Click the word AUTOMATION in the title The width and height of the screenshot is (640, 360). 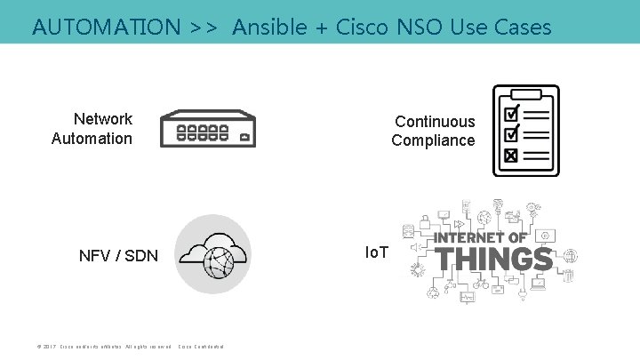click(106, 27)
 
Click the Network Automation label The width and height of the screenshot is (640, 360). click(93, 129)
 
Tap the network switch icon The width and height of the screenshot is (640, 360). click(208, 130)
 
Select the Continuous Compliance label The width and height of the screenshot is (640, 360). click(434, 131)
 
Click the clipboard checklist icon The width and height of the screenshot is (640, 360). click(526, 131)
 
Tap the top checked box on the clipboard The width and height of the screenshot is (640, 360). click(511, 115)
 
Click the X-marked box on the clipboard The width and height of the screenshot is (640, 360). click(511, 156)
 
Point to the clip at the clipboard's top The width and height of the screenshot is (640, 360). click(526, 91)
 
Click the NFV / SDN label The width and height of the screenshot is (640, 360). click(118, 257)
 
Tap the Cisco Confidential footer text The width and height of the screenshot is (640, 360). click(201, 346)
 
